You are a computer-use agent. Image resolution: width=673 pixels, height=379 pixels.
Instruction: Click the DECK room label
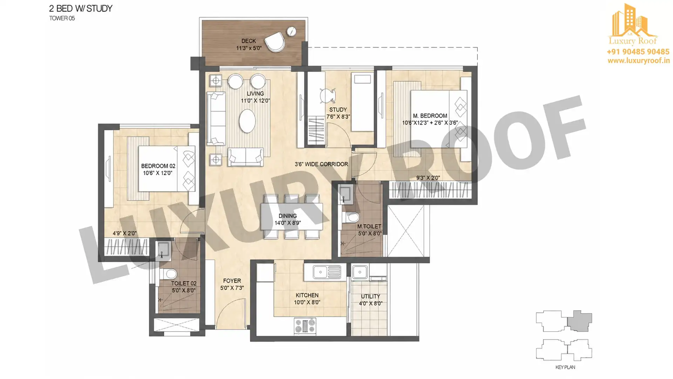click(249, 41)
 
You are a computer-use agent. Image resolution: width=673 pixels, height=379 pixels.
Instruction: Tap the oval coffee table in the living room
click(247, 121)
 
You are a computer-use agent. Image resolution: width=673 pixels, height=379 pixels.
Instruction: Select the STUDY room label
click(338, 109)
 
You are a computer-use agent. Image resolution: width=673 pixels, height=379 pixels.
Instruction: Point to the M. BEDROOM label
click(430, 116)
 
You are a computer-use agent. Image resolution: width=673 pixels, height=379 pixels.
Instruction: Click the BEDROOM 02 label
click(158, 166)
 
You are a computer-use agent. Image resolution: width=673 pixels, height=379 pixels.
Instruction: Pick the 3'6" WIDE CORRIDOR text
click(321, 164)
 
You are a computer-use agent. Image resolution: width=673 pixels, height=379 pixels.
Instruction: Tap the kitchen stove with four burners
click(305, 325)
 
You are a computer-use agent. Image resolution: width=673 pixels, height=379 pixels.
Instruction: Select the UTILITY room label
click(371, 297)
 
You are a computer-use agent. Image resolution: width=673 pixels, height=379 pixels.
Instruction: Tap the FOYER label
click(232, 281)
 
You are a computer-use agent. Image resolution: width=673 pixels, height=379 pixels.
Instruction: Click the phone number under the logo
click(638, 52)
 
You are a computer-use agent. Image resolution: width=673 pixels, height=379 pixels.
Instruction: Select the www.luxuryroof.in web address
click(638, 61)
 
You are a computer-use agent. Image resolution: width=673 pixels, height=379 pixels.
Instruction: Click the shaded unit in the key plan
click(580, 321)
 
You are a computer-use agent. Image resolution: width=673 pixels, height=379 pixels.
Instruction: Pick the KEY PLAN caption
click(565, 367)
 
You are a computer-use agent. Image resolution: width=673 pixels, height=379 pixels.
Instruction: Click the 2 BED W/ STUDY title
click(81, 9)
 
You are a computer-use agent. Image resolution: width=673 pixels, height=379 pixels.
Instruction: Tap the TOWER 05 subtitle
click(62, 18)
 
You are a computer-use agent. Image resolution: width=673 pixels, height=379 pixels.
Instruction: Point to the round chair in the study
click(327, 95)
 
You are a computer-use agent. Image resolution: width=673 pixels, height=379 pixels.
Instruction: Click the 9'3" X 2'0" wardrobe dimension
click(428, 178)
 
